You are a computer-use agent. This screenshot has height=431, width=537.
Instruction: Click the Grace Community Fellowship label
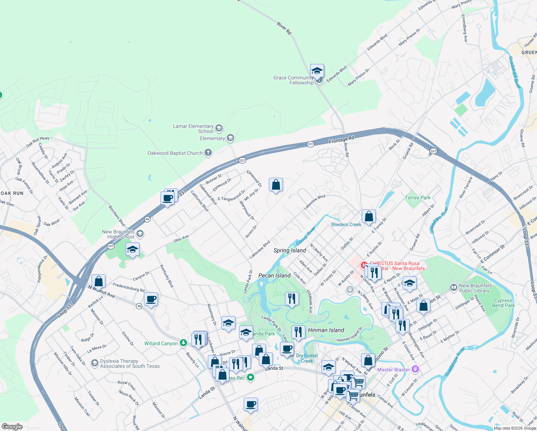294,80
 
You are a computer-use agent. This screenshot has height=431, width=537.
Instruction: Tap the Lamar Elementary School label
193,129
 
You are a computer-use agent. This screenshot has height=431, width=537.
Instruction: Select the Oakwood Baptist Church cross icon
208,153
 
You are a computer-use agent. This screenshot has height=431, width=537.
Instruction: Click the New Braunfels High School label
118,234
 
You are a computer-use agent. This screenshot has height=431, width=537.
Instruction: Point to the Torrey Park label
417,198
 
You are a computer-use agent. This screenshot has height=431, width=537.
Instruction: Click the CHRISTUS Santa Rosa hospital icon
364,265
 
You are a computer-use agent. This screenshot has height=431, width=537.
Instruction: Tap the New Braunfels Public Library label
475,288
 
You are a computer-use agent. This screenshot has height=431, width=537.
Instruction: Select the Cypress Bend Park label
503,303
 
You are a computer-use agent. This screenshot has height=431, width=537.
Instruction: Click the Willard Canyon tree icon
183,343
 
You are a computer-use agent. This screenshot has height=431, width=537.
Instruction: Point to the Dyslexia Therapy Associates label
130,363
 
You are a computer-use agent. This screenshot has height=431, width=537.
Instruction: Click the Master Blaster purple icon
415,369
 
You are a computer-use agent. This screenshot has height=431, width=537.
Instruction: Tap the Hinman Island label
326,330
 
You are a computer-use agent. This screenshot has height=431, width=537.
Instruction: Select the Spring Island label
290,250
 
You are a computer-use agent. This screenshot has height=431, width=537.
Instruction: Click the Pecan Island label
275,275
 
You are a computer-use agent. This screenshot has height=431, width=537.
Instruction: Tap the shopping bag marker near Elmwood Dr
276,185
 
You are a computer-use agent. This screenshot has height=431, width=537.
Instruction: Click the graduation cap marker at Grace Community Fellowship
317,71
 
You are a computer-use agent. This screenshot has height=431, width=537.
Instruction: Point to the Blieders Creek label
346,224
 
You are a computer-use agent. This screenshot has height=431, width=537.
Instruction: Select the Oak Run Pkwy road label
38,142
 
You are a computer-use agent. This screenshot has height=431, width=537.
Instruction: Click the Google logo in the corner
12,426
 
